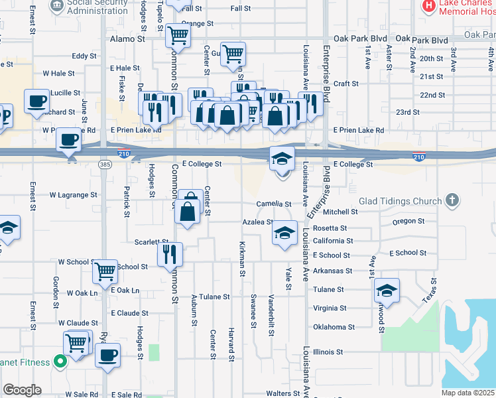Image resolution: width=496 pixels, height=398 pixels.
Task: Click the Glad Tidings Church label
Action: click(x=400, y=201)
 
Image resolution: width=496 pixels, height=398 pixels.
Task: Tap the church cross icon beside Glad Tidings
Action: click(x=452, y=200)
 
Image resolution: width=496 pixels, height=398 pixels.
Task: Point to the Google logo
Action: click(x=22, y=390)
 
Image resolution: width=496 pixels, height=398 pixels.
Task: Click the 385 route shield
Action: click(x=105, y=164)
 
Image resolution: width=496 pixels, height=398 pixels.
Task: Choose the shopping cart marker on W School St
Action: click(x=105, y=271)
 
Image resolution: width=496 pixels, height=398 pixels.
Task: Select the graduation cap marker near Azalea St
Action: click(x=284, y=233)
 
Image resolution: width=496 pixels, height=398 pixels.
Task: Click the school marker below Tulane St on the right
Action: click(x=387, y=290)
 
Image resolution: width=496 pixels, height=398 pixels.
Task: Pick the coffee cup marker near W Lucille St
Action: click(x=37, y=101)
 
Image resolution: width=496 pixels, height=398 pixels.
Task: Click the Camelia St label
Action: click(x=275, y=204)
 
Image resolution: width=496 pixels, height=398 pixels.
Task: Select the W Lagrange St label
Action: click(x=74, y=195)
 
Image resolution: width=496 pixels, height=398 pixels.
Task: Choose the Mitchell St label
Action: click(x=340, y=212)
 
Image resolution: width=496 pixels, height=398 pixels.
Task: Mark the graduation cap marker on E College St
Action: click(x=282, y=159)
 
